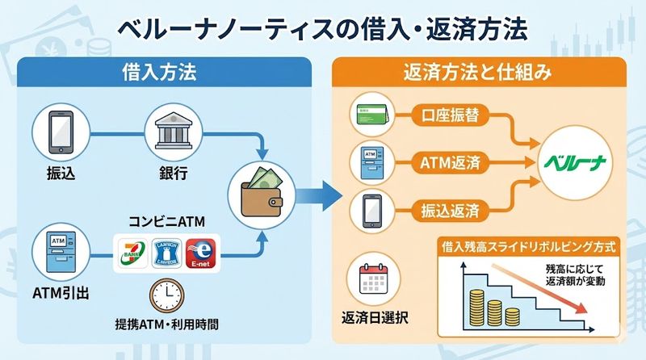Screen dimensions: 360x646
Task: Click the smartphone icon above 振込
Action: pyautogui.click(x=54, y=133)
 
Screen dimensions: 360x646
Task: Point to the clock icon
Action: pyautogui.click(x=166, y=295)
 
